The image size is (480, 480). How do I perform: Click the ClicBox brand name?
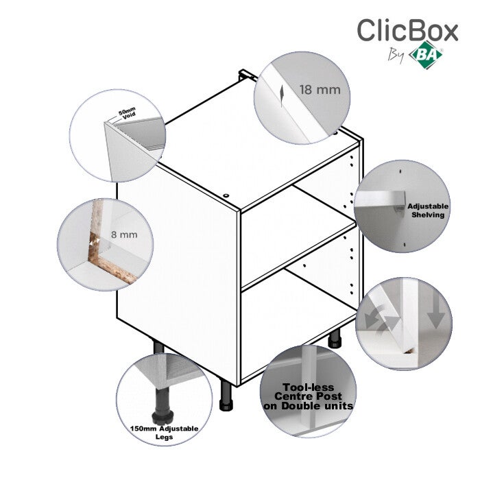point(407,30)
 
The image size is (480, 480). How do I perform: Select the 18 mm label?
point(320,90)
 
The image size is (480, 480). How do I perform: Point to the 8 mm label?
point(124,235)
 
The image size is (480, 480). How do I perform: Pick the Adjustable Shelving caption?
point(428,211)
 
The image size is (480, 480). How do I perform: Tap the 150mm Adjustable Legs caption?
point(164,433)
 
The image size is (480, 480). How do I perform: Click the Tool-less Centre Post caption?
point(309,396)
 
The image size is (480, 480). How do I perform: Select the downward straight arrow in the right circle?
point(436,311)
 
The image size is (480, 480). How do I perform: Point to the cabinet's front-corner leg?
point(226,396)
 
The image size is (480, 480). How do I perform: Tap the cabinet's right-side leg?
point(335,339)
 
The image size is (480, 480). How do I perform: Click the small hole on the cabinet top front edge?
point(226,195)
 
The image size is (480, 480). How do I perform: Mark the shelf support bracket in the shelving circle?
point(400,203)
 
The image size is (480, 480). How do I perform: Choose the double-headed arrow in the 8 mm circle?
point(95,241)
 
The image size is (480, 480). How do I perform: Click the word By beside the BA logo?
point(396,56)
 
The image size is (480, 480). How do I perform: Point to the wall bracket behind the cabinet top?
point(248,75)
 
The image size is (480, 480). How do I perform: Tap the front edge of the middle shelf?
point(298,255)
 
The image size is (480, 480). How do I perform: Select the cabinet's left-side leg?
point(158,347)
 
